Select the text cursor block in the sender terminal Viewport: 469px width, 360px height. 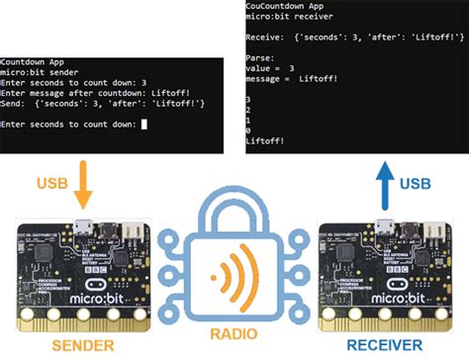point(143,124)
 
